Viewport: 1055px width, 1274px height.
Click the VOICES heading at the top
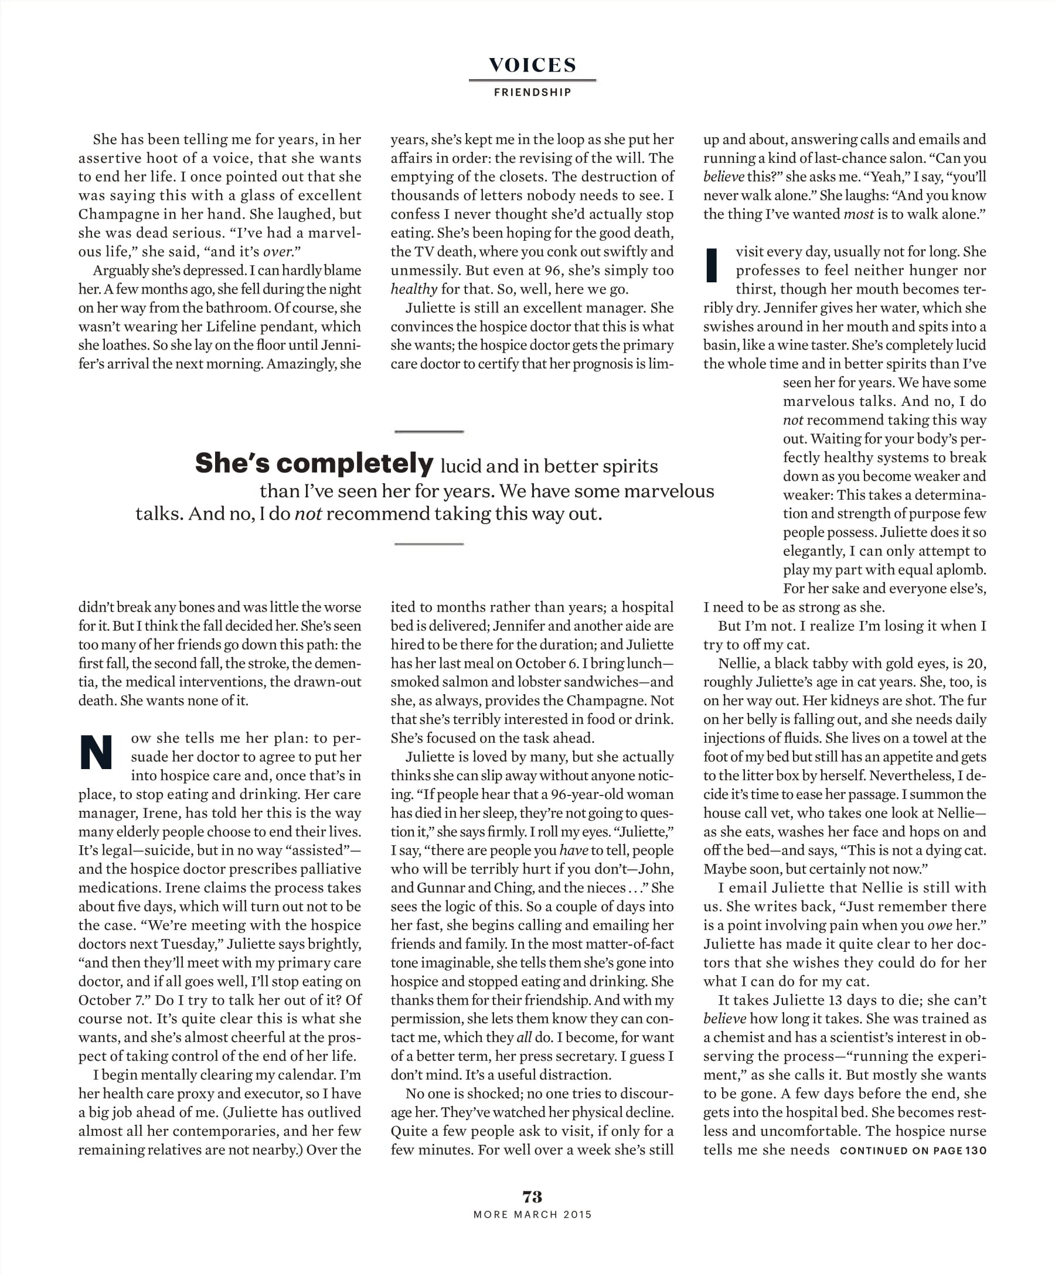coord(532,65)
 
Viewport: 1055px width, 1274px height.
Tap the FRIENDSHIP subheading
coord(532,92)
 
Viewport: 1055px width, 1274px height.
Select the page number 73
coord(532,1196)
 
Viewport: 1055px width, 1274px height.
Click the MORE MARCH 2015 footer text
coord(532,1214)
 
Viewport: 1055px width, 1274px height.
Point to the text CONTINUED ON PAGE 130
coord(913,1150)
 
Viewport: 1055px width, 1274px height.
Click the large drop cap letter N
coord(97,752)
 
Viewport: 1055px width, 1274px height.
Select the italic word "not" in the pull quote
coord(308,514)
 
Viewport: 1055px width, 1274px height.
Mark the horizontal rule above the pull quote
coord(429,431)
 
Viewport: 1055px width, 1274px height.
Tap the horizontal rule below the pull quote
coord(429,544)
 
